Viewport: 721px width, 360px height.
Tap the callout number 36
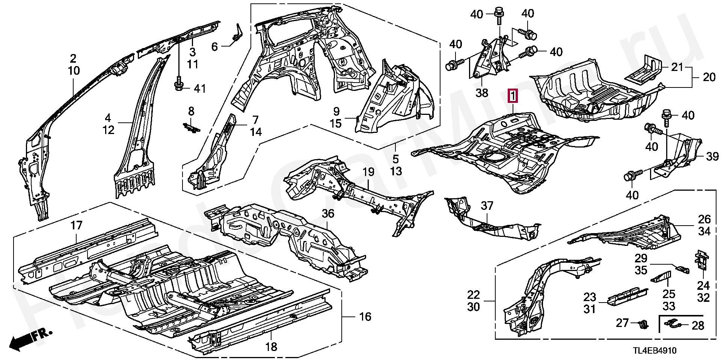(327, 214)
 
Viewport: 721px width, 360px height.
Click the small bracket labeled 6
(237, 34)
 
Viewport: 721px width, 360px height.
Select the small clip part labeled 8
(192, 128)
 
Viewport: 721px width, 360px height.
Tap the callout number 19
(368, 173)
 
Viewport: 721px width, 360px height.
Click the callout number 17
(76, 226)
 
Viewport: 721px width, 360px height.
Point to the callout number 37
(487, 206)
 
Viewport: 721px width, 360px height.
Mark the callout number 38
(482, 92)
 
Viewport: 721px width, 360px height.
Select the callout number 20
(709, 77)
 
